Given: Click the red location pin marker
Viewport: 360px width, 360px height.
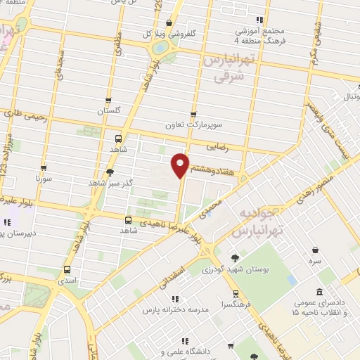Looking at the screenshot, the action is pos(181,165).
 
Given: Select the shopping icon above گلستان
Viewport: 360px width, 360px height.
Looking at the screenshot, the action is pos(108,101).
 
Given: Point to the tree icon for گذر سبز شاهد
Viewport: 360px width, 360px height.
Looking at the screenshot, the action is pos(109,172).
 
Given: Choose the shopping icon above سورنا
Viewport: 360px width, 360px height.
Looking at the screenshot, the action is pos(44,168).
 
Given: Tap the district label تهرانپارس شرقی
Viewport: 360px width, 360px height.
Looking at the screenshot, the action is pos(228,69).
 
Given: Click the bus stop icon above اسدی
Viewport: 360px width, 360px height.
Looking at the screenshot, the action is pos(67,269).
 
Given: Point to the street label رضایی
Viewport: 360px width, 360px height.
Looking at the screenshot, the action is pos(217,147).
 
